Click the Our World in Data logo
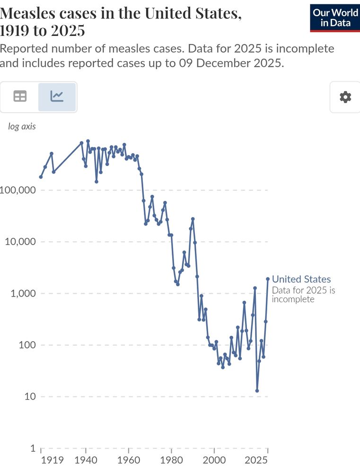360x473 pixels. click(335, 18)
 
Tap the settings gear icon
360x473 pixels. click(345, 97)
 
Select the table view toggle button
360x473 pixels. click(20, 96)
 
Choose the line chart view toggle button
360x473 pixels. click(57, 96)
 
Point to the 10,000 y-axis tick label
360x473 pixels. click(20, 242)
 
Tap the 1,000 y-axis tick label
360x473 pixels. click(23, 293)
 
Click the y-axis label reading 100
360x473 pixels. click(26, 345)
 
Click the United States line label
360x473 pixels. click(301, 279)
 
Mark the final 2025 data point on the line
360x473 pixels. click(268, 279)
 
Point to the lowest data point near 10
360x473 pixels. click(257, 391)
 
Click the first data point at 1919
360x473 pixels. click(41, 177)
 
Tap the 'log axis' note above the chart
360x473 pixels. click(22, 126)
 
